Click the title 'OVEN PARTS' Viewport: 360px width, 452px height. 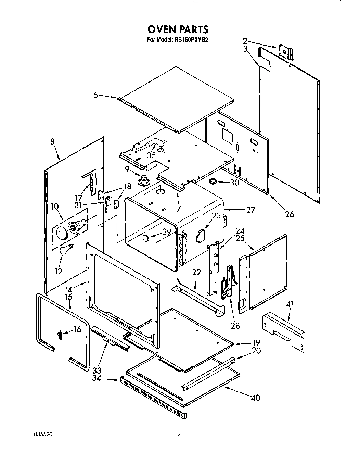pos(178,30)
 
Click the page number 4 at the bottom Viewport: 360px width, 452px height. pos(179,435)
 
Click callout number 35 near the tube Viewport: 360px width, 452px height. pos(151,155)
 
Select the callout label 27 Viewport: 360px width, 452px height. pos(250,210)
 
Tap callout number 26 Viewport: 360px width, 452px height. pos(289,215)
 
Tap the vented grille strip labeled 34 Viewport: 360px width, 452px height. pos(153,397)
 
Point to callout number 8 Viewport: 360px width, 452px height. pos(52,142)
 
